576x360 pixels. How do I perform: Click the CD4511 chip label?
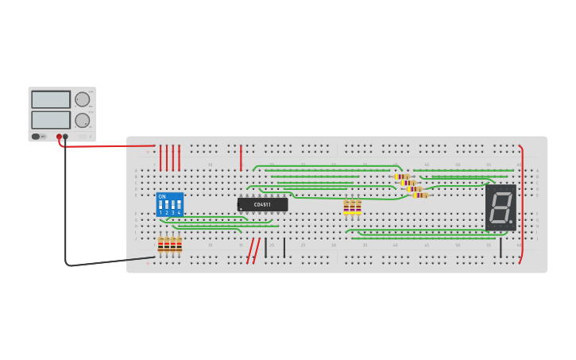click(x=262, y=205)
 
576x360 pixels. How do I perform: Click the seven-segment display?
click(x=501, y=207)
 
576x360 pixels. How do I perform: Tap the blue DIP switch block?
click(x=170, y=204)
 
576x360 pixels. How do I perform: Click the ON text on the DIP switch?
click(x=162, y=196)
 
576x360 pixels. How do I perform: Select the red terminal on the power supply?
click(x=59, y=137)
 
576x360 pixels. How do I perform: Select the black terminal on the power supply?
click(x=65, y=137)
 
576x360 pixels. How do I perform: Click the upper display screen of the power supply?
click(x=51, y=99)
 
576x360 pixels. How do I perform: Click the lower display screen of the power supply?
click(x=51, y=119)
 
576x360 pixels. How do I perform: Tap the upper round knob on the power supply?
click(x=83, y=99)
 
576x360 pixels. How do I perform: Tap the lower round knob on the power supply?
click(x=83, y=120)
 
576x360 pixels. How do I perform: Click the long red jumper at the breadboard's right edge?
click(x=522, y=203)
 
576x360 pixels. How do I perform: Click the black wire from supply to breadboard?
click(x=95, y=263)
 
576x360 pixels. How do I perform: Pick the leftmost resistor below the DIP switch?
click(x=160, y=245)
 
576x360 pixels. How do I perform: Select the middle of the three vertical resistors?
click(x=352, y=207)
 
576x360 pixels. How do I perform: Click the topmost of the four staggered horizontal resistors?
click(x=402, y=176)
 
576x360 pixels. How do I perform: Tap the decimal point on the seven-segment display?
click(x=511, y=222)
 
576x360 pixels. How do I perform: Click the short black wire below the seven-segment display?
click(x=501, y=248)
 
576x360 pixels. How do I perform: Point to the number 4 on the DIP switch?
click(x=179, y=213)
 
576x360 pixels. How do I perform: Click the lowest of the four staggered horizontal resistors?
click(x=420, y=195)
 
